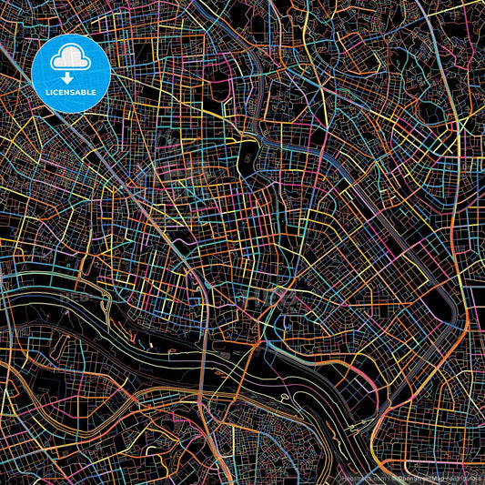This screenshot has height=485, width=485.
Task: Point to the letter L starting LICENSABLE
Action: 45,92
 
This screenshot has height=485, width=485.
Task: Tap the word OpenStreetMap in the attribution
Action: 418,476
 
